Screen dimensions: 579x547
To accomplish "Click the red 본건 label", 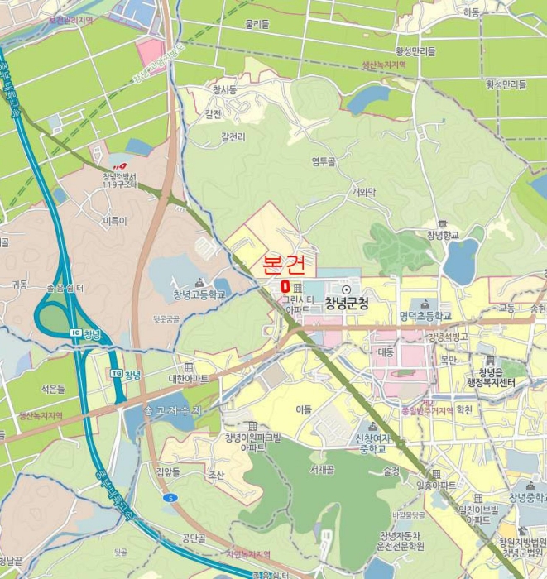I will click(x=284, y=265).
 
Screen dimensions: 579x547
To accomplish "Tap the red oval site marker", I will click(x=285, y=286).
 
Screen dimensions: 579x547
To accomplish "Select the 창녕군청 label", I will click(x=347, y=303).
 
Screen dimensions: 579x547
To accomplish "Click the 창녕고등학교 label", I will click(x=199, y=294).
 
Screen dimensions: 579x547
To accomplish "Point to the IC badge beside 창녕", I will click(x=75, y=334).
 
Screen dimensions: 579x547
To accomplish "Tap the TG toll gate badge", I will click(x=117, y=374).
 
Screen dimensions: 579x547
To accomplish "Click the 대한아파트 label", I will click(x=189, y=378).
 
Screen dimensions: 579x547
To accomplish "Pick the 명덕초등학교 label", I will click(x=425, y=315).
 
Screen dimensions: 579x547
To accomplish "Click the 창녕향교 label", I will click(x=443, y=235).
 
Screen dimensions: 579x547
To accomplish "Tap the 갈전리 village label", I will click(x=233, y=137).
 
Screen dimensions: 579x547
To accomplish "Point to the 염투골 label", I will click(x=324, y=162).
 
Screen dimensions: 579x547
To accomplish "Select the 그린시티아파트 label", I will click(x=299, y=304).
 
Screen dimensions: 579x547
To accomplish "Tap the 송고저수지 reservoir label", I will click(x=173, y=411).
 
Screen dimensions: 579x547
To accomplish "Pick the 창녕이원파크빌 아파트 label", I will click(x=252, y=442).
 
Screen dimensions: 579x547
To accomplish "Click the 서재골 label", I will click(x=322, y=470).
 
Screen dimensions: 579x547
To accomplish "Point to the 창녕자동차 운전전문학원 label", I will click(x=402, y=540).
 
